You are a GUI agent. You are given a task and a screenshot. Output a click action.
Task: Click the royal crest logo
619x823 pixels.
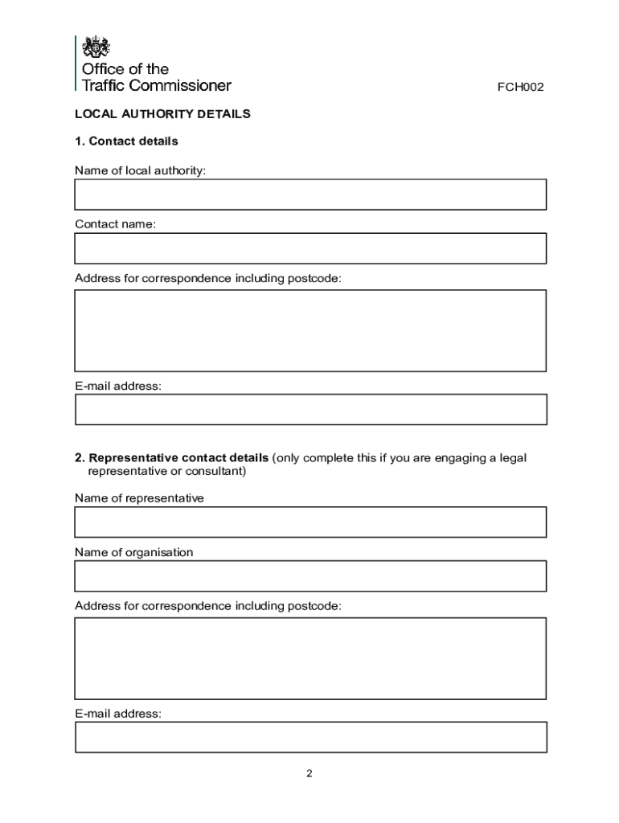click(x=96, y=47)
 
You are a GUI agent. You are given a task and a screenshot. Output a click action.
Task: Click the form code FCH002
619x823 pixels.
click(x=521, y=88)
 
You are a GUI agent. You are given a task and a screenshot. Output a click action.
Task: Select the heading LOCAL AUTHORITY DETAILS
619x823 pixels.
click(x=162, y=114)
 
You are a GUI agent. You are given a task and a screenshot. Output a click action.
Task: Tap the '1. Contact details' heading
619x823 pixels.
click(x=126, y=141)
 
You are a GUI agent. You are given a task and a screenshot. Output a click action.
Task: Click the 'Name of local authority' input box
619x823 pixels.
click(x=310, y=194)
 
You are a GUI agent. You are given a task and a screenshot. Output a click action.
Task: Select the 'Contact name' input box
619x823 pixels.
click(x=310, y=248)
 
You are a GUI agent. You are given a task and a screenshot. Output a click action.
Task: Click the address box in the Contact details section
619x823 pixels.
click(x=310, y=330)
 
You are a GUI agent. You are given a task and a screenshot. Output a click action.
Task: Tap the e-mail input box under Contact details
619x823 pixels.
click(x=310, y=409)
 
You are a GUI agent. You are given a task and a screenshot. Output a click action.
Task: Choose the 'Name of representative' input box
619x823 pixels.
click(x=310, y=522)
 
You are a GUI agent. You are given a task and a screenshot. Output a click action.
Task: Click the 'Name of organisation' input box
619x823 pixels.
click(x=310, y=576)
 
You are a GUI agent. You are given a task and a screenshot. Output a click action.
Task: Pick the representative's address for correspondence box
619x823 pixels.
click(x=310, y=658)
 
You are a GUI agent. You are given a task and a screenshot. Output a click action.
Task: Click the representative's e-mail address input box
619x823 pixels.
click(x=310, y=737)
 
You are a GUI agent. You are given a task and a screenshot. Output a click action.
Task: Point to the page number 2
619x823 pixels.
click(x=309, y=774)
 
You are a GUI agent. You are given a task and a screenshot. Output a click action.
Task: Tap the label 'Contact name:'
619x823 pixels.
click(x=115, y=224)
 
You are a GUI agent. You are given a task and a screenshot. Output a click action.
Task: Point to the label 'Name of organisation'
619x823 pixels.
click(x=133, y=552)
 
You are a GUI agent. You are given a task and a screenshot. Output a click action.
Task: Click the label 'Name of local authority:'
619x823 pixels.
click(x=140, y=170)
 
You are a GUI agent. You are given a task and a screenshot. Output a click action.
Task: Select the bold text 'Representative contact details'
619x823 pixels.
click(x=178, y=458)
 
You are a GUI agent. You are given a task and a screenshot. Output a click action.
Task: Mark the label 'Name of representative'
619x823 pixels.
click(x=139, y=498)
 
